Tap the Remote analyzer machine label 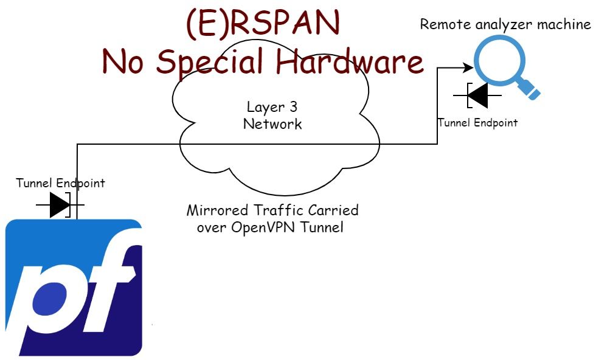click(x=505, y=24)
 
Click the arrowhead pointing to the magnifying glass click(x=469, y=67)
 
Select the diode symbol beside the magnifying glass click(x=479, y=95)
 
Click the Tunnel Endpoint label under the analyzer click(x=477, y=123)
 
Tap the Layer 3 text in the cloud click(x=272, y=108)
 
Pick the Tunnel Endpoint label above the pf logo click(x=60, y=183)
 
